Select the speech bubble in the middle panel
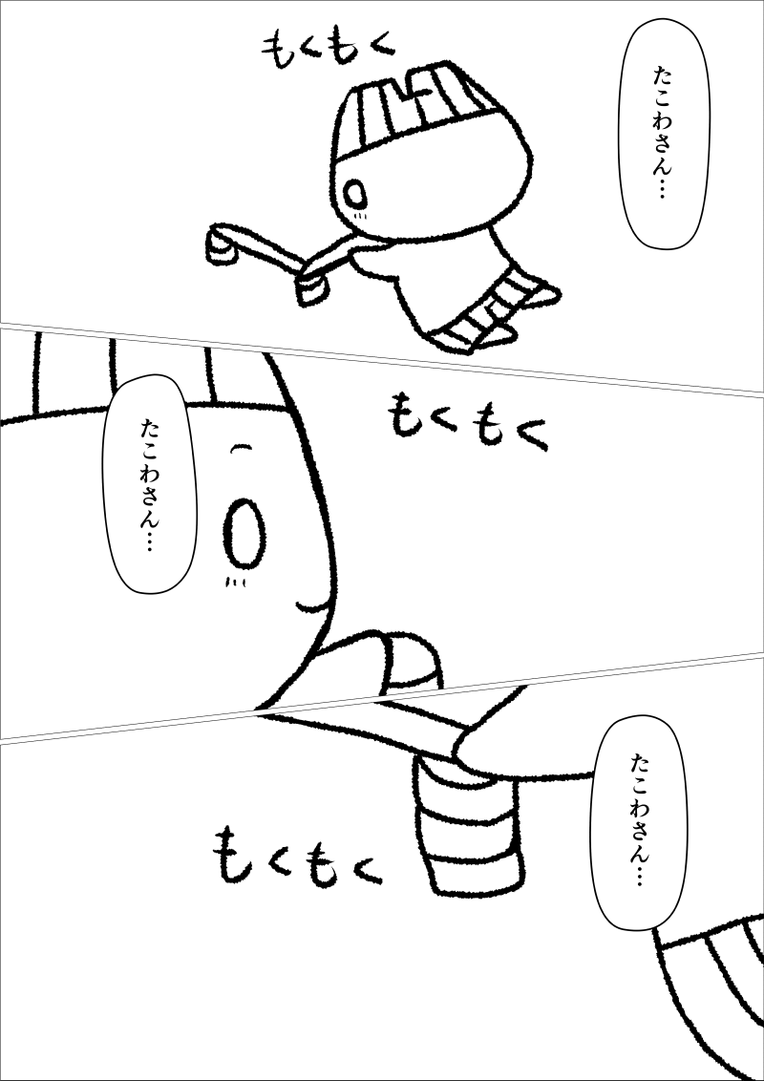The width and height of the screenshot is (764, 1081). coord(149,483)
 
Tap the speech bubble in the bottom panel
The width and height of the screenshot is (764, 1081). coord(641,822)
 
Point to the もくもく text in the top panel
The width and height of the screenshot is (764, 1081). coord(329,53)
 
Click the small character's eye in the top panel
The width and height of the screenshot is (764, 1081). coord(356,195)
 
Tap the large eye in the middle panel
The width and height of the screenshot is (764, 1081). coord(244,534)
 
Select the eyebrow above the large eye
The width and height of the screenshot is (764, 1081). coord(240,449)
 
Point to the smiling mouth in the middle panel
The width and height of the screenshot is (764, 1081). coord(314,605)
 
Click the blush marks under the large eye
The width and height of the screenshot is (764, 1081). coord(236,583)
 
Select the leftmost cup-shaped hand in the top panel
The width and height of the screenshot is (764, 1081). coord(222,246)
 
